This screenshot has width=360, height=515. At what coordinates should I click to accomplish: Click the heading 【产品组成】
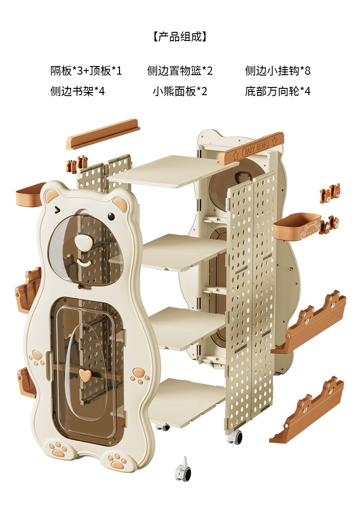(x=180, y=37)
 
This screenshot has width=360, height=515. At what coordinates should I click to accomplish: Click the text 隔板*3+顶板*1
(x=86, y=71)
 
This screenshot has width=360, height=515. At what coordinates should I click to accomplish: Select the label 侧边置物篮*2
(x=180, y=71)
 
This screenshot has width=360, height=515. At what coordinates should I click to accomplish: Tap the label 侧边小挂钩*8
(x=278, y=71)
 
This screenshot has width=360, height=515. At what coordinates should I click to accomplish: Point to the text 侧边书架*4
(x=77, y=91)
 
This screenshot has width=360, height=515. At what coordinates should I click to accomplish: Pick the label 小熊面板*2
(x=180, y=91)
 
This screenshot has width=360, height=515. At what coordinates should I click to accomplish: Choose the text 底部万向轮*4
(x=278, y=91)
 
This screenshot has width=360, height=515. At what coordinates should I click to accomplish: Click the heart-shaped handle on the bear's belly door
(x=84, y=374)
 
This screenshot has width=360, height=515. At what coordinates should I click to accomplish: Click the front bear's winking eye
(x=57, y=210)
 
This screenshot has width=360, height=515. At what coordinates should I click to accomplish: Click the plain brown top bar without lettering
(x=103, y=134)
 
